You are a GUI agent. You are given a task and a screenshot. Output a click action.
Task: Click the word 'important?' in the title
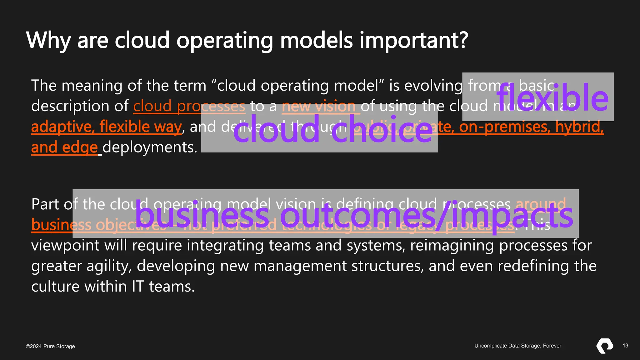click(x=413, y=41)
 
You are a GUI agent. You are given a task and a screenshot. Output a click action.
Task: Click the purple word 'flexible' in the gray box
click(x=552, y=98)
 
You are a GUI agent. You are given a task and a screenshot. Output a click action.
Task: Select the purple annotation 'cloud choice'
click(x=333, y=129)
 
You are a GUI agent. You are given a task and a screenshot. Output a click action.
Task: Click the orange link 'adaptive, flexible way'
click(x=106, y=127)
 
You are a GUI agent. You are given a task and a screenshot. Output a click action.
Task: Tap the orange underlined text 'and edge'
click(x=64, y=147)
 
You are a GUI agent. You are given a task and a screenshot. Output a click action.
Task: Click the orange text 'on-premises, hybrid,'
click(x=531, y=127)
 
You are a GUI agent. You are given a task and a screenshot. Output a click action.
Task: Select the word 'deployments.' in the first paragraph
click(x=150, y=147)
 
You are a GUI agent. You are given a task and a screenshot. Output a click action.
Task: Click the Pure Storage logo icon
click(x=605, y=346)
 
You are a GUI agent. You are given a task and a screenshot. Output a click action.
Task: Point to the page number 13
click(x=625, y=346)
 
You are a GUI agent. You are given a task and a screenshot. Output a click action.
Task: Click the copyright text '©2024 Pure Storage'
click(x=50, y=346)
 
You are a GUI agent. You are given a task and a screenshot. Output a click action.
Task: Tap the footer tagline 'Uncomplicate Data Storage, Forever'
click(x=518, y=346)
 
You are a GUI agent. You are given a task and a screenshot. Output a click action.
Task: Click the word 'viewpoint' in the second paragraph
click(x=65, y=246)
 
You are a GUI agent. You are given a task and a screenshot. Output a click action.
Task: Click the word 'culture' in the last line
click(x=55, y=287)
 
